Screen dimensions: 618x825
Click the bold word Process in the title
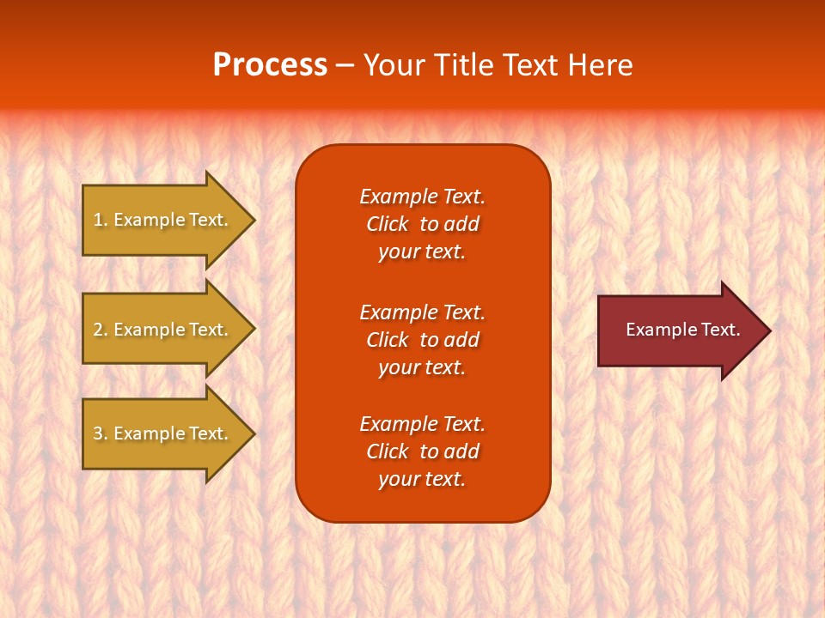pyautogui.click(x=270, y=65)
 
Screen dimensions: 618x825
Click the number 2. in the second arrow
pyautogui.click(x=101, y=330)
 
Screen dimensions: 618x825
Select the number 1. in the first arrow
pyautogui.click(x=101, y=220)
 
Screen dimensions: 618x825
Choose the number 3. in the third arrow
pyautogui.click(x=101, y=433)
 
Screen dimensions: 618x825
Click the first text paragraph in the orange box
pyautogui.click(x=422, y=224)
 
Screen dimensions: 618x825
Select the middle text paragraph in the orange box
pyautogui.click(x=422, y=340)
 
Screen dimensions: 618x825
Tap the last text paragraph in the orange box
pyautogui.click(x=422, y=451)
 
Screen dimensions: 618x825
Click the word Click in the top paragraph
pyautogui.click(x=387, y=224)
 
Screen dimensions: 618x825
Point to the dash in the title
pyautogui.click(x=345, y=66)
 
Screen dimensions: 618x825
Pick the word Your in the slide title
pyautogui.click(x=394, y=65)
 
